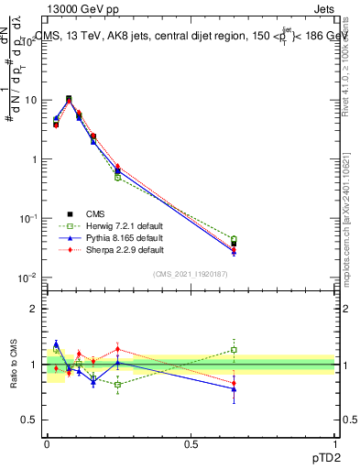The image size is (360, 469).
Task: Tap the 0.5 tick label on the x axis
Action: [x=191, y=443]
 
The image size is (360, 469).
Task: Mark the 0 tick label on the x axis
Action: [x=46, y=443]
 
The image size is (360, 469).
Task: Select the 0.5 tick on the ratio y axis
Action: [x=29, y=420]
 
